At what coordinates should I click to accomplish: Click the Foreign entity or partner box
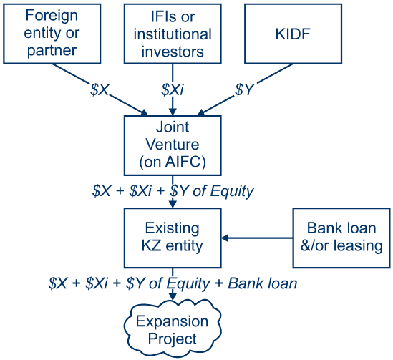click(x=52, y=34)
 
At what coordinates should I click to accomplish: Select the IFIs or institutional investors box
click(x=173, y=34)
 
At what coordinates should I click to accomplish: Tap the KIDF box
click(x=293, y=34)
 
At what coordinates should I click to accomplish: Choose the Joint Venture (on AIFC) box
click(x=173, y=145)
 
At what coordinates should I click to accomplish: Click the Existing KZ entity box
click(x=173, y=238)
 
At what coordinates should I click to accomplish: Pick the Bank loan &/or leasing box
click(x=341, y=238)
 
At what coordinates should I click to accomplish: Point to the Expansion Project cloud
click(x=173, y=329)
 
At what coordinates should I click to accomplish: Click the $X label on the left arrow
click(x=100, y=89)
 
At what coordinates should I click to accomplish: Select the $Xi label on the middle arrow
click(x=173, y=89)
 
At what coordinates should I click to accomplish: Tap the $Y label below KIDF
click(x=245, y=89)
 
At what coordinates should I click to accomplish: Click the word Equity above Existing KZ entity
click(x=232, y=192)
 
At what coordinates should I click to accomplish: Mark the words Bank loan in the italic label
click(x=263, y=283)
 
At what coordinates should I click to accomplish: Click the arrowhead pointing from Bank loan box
click(x=225, y=238)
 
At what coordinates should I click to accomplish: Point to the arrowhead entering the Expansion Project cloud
click(x=173, y=296)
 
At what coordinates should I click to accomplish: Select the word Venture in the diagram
click(x=173, y=145)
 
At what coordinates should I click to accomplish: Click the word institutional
click(x=173, y=34)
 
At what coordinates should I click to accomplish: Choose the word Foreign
click(x=52, y=16)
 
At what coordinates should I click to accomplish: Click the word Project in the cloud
click(x=173, y=339)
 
